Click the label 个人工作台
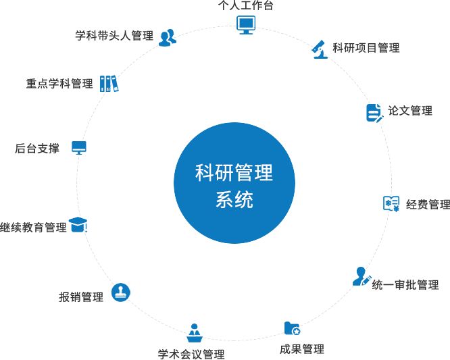[245, 5]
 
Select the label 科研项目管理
[366, 48]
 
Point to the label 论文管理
[409, 111]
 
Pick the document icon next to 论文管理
[374, 112]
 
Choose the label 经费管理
[428, 205]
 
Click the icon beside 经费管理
[391, 203]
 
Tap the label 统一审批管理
[405, 285]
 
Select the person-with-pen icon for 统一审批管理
[361, 276]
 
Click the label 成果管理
[302, 349]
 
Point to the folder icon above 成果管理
[292, 328]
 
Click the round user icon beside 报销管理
[120, 292]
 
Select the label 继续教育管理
[33, 228]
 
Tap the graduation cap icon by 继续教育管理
[79, 225]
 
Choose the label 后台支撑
[37, 149]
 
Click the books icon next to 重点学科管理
[109, 83]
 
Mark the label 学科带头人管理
[114, 35]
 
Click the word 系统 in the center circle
[234, 200]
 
